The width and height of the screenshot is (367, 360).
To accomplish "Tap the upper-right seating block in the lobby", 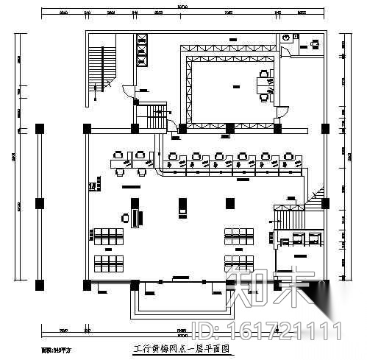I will pos(239,236).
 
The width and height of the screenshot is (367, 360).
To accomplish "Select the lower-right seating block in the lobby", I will pos(239,262).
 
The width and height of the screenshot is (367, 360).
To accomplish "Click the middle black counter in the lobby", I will pos(182,207).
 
